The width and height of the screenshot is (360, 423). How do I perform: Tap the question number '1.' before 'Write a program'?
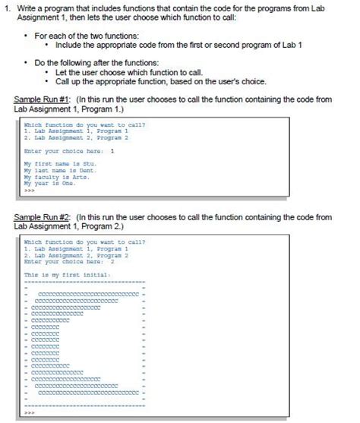(x=7, y=7)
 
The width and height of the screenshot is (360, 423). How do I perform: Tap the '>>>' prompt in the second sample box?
(x=30, y=414)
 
